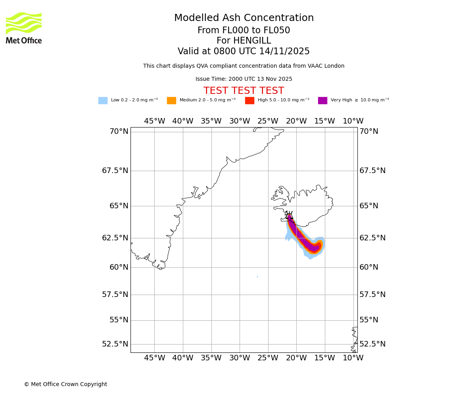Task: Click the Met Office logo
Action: [x=24, y=28]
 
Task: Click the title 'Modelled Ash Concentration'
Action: [x=244, y=18]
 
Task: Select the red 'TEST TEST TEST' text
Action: [x=244, y=91]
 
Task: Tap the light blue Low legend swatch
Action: [x=103, y=101]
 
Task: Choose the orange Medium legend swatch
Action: [x=171, y=101]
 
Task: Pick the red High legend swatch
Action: [x=250, y=101]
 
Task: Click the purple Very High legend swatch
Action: [x=322, y=101]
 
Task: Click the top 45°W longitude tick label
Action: [x=154, y=121]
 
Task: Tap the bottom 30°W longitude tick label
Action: [x=240, y=358]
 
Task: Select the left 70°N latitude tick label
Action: [x=119, y=131]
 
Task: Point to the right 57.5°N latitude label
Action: [x=372, y=294]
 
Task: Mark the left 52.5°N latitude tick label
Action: [x=115, y=344]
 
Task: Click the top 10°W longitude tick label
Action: [x=353, y=121]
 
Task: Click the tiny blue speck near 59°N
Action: [x=257, y=277]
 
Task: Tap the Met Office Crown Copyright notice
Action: [x=65, y=384]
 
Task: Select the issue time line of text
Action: [x=244, y=79]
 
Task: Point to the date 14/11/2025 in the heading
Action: [x=284, y=51]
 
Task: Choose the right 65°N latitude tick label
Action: [x=369, y=206]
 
